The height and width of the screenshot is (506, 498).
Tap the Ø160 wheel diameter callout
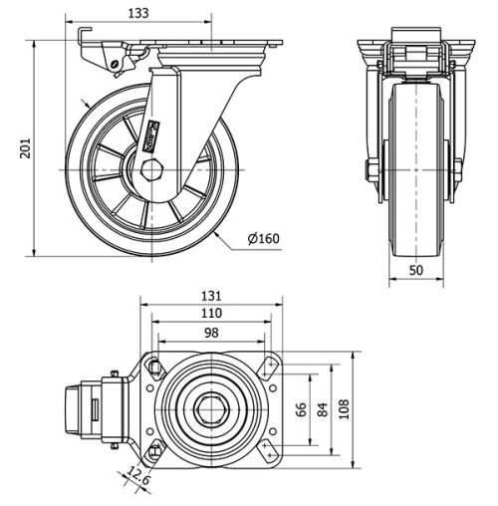point(264,238)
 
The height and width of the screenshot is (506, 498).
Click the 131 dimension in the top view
point(210,296)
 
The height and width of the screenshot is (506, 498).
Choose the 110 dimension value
point(210,313)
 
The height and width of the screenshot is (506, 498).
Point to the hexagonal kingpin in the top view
point(211,408)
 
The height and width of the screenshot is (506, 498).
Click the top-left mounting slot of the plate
point(154,368)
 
